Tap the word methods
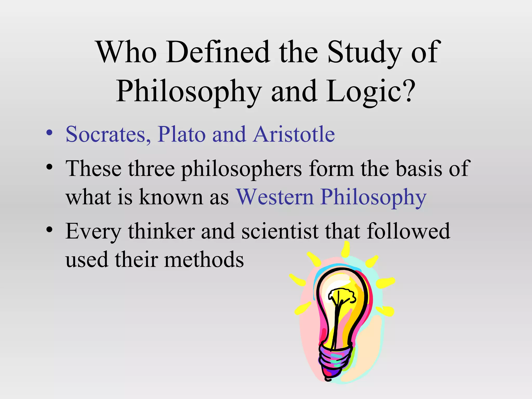pos(204,260)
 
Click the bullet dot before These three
pos(49,167)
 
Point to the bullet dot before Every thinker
pos(49,229)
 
